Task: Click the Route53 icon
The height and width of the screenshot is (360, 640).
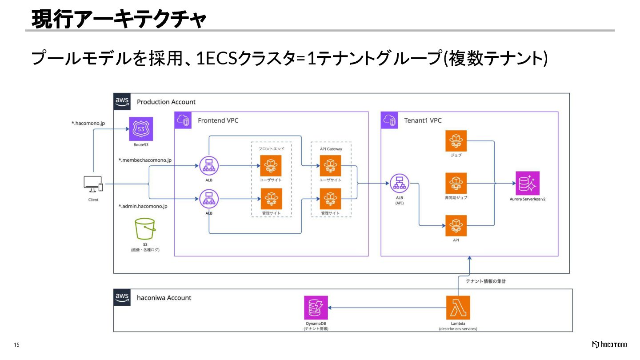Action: coord(141,129)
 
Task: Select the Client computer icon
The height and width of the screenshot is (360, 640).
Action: coord(93,184)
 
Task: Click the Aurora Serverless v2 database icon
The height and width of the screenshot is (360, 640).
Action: coord(527,183)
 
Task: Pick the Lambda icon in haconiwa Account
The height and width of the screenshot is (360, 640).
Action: coord(458,308)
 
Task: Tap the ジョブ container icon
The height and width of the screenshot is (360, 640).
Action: coord(456,141)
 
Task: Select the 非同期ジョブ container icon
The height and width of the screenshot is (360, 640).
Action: coord(456,183)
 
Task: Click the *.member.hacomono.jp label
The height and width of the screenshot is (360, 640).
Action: coord(145,160)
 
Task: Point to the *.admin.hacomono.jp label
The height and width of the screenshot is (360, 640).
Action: coord(143,206)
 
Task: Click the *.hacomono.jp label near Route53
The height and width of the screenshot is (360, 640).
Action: coord(88,123)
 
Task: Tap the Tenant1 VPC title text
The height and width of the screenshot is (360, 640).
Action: coord(423,120)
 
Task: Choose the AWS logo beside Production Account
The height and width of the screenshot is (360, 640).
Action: coord(122,102)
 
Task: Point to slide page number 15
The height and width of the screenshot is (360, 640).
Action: coord(17,345)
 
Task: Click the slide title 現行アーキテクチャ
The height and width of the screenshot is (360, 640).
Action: coord(119,20)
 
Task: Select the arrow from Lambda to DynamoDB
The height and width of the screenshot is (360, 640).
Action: coord(387,308)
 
